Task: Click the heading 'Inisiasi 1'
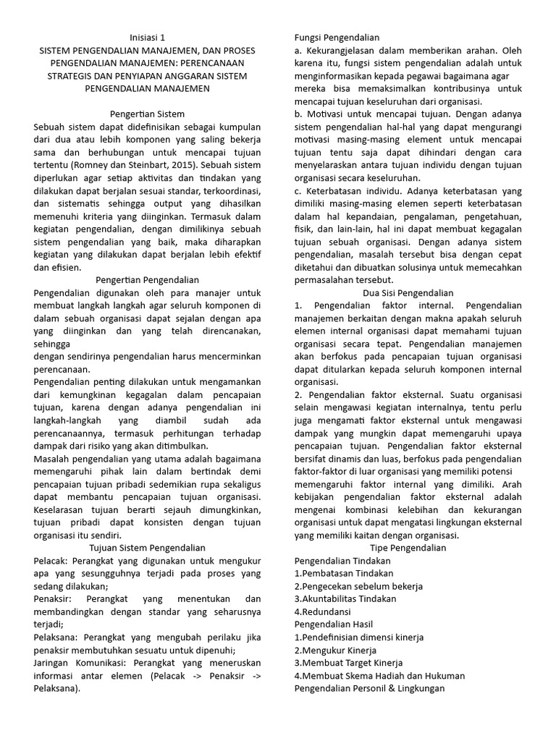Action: (148, 36)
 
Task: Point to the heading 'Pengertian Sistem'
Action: (148, 114)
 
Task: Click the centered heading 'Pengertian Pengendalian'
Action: (148, 279)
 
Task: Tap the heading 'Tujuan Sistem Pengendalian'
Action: (148, 548)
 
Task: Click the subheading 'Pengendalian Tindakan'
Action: (342, 561)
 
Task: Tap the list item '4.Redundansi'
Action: (321, 611)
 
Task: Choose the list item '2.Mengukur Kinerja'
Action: (335, 650)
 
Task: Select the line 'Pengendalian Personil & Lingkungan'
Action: (369, 688)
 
